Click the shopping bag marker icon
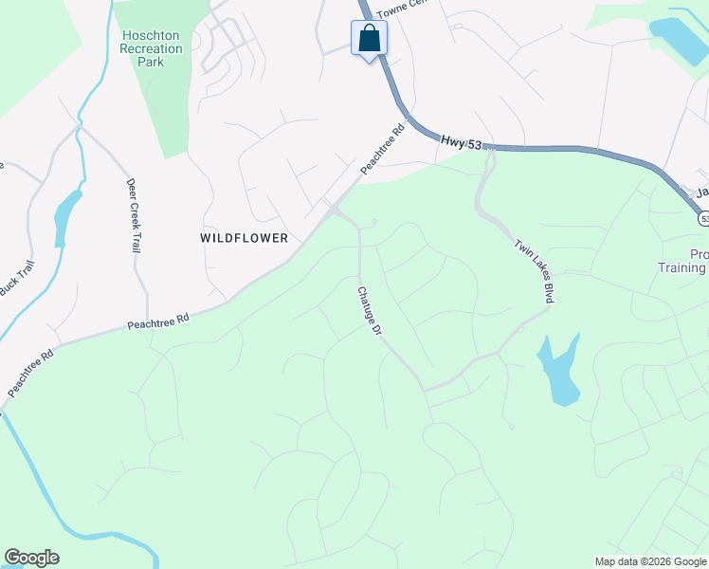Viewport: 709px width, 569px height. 369,39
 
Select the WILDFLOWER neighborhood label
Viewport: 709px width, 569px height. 245,238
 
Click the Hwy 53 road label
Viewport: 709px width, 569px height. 462,142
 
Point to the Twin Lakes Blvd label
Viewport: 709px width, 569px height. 533,270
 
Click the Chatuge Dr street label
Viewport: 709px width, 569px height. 369,313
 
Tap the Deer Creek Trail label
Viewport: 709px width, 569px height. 133,216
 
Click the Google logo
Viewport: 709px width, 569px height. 31,558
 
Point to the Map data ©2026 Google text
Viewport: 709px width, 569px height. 649,561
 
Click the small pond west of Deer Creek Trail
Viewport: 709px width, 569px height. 65,216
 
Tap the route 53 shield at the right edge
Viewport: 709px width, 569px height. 702,218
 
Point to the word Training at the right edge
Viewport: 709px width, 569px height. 682,268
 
